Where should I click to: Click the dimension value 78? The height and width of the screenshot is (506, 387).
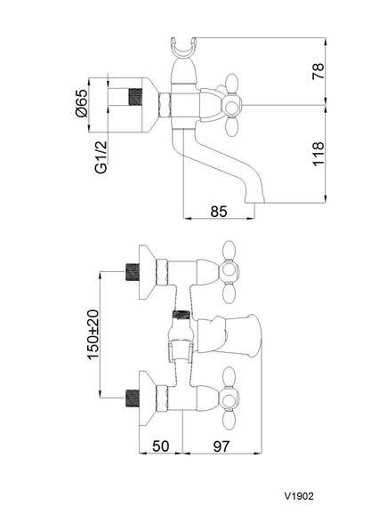coord(318,71)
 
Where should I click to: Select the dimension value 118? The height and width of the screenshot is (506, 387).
coord(318,153)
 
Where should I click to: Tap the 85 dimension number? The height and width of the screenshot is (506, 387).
coord(219,212)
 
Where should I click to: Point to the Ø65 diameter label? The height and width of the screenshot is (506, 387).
coord(81,103)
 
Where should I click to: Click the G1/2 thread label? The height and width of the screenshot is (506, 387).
coord(101,157)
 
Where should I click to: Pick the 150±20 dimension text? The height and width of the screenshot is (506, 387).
coord(93,334)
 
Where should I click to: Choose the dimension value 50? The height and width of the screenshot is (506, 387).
coord(160,446)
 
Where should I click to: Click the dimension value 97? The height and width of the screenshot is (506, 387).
coord(222,446)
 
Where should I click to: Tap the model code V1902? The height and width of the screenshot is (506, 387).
coord(299,495)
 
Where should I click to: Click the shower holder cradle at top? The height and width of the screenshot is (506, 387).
coord(183,48)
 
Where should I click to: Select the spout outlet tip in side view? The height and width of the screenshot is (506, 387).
coord(254,201)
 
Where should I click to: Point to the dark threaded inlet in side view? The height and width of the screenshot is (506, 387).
coord(135,97)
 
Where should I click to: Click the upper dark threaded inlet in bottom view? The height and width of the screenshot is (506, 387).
coord(132,273)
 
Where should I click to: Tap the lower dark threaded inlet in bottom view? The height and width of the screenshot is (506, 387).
coord(132,398)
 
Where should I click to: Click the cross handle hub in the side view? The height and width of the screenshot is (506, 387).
coord(231,106)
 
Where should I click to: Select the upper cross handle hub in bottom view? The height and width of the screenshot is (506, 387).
coord(230,269)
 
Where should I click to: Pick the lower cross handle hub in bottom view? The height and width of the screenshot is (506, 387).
coord(230,396)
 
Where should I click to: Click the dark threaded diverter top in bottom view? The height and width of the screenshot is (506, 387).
coord(181,315)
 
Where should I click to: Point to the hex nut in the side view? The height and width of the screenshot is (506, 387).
coord(165,105)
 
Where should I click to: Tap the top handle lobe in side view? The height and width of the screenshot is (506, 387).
coord(233,84)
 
